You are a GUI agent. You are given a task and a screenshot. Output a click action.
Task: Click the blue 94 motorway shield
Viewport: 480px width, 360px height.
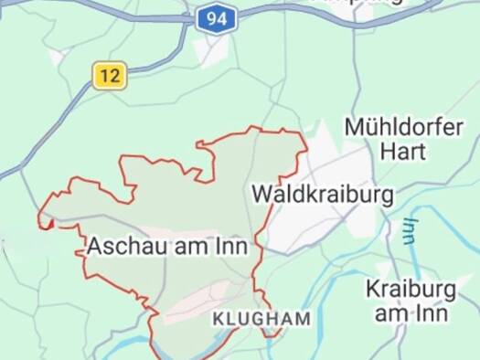[216, 17]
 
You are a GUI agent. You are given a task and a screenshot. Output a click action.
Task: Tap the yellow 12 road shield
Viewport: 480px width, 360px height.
[110, 76]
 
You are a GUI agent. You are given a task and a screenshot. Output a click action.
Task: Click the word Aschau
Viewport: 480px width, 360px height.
[122, 246]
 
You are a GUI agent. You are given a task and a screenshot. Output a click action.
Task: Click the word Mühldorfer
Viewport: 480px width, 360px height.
[403, 126]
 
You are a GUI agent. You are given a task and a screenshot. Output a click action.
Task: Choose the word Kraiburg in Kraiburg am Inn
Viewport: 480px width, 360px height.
[411, 290]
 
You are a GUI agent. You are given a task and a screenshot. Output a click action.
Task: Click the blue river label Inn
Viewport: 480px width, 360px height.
[411, 230]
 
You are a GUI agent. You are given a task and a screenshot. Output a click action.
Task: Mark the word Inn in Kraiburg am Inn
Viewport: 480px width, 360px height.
[432, 313]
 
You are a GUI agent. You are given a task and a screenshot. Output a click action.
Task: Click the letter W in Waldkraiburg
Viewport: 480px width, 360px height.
[260, 195]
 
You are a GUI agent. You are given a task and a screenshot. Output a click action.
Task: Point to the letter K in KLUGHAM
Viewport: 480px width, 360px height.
[218, 319]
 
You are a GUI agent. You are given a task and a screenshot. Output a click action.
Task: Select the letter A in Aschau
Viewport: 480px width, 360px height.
[95, 246]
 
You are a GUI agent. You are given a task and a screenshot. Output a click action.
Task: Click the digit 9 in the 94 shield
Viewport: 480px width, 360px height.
[210, 17]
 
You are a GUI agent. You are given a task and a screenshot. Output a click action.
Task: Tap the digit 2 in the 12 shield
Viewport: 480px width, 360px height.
[114, 76]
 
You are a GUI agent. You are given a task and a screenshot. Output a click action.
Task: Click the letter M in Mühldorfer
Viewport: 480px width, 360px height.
[353, 126]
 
